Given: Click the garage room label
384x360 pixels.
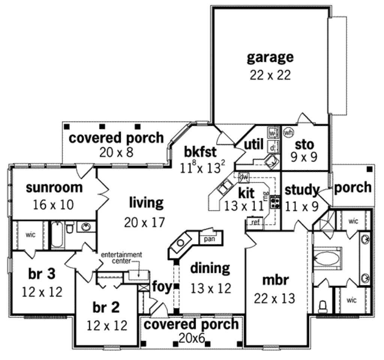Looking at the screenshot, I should [270, 57].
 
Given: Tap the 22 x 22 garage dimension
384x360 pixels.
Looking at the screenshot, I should [270, 75].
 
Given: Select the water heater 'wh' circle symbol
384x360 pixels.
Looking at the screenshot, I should [288, 132].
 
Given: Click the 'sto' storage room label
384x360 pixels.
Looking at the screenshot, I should [304, 144].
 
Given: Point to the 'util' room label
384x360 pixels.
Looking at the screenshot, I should [253, 144].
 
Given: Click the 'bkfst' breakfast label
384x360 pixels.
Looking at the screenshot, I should [200, 152].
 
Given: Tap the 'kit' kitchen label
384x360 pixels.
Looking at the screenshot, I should [246, 193].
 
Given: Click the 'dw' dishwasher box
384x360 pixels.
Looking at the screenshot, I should [244, 176].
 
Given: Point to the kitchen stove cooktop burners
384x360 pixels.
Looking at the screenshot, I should [276, 202].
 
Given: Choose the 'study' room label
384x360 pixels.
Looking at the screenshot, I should [301, 190].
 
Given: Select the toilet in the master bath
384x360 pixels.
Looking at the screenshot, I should [322, 307].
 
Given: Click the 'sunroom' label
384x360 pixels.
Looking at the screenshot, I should [54, 187].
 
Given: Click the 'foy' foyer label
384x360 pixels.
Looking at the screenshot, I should [162, 287].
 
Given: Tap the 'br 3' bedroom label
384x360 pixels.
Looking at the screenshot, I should [42, 274].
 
